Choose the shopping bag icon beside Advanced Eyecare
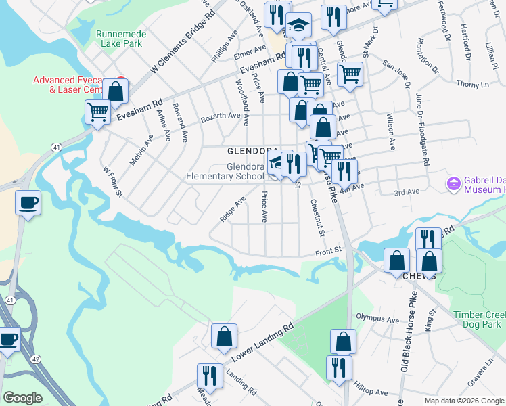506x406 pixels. (x=116, y=91)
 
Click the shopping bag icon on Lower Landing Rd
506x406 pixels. (x=224, y=336)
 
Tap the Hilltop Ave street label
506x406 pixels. (x=371, y=392)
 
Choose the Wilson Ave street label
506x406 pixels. (x=390, y=131)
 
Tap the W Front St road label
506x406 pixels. (x=112, y=181)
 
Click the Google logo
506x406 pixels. (x=22, y=398)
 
